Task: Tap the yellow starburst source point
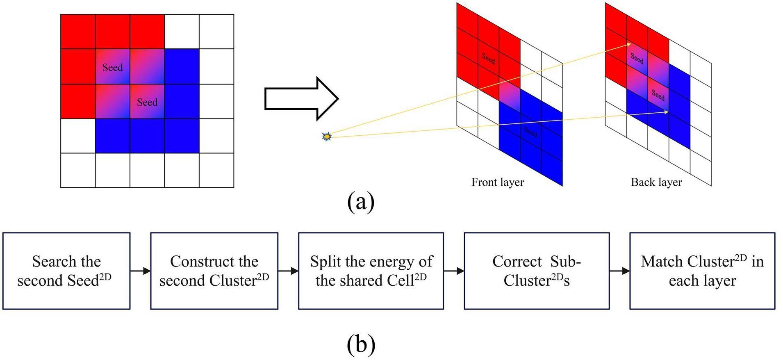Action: [326, 137]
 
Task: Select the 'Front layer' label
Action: [497, 182]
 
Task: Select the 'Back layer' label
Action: [656, 182]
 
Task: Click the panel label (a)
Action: [361, 202]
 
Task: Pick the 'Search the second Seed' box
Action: [66, 271]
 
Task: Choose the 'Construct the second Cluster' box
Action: [214, 271]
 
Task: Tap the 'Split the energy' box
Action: [371, 271]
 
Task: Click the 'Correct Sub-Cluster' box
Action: [536, 271]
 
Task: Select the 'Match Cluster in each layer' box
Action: [702, 271]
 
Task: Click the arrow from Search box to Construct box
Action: [140, 271]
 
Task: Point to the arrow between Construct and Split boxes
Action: [288, 271]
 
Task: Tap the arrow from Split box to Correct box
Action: [453, 271]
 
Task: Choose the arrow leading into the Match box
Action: [619, 271]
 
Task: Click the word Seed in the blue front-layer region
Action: [530, 132]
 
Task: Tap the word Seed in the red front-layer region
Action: [488, 58]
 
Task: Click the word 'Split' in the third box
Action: [325, 261]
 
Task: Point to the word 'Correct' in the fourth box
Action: [517, 261]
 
